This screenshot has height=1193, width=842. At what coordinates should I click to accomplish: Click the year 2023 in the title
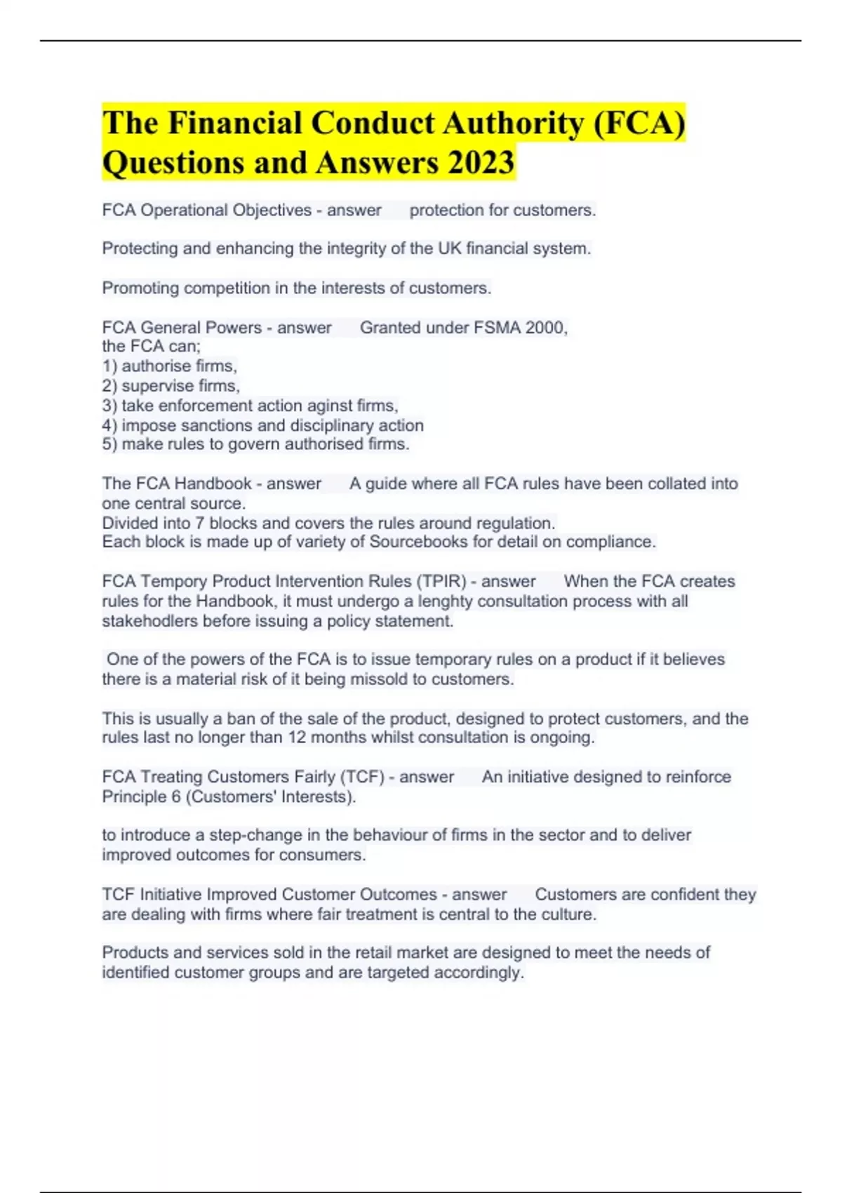(x=481, y=163)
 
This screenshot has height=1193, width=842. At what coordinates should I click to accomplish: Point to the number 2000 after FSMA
(x=544, y=328)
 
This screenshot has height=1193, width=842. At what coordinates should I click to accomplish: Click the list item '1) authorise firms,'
(x=170, y=366)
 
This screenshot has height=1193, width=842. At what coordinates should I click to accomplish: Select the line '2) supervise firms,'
(x=171, y=385)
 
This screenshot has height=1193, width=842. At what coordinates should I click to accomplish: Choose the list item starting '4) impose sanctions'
(x=263, y=425)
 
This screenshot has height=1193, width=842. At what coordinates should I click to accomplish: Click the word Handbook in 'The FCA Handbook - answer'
(x=213, y=484)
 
